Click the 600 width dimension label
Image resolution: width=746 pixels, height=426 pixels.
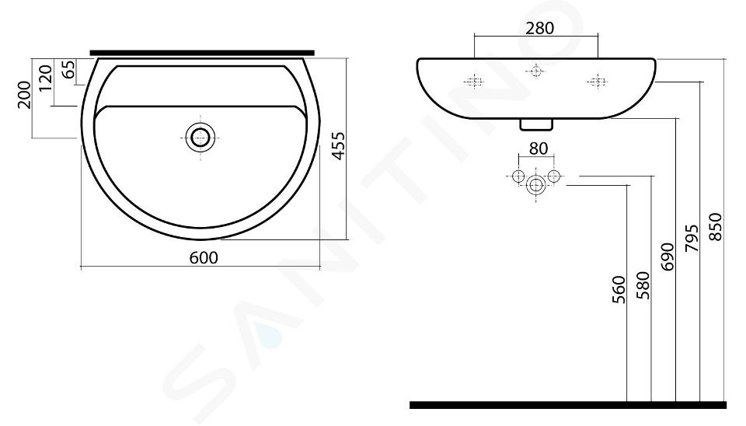click(204, 257)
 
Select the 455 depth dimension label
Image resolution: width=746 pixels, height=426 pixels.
click(338, 145)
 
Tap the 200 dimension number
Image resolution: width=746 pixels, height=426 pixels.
click(24, 95)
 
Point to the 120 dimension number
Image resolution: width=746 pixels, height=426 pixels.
click(45, 79)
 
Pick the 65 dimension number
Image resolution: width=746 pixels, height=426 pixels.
click(68, 69)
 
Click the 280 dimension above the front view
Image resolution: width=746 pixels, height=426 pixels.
click(540, 29)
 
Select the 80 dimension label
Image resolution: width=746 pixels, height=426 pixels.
click(538, 148)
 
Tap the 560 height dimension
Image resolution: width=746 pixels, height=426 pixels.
click(619, 289)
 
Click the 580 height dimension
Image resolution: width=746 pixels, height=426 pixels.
click(643, 285)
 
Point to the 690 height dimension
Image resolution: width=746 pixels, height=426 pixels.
click(668, 257)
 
